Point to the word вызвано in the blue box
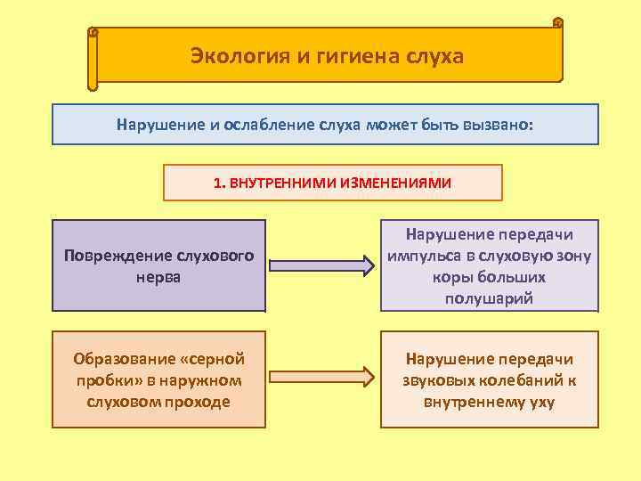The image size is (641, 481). (x=497, y=125)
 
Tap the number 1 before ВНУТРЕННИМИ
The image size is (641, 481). (x=217, y=183)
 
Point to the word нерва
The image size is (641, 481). (x=158, y=276)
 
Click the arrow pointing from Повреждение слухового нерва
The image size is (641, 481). (x=321, y=265)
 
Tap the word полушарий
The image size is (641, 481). (x=489, y=298)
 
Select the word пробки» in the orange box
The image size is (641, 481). (x=110, y=380)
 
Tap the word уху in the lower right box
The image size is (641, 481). (x=540, y=402)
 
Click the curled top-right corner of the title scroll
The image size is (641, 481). (x=557, y=23)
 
